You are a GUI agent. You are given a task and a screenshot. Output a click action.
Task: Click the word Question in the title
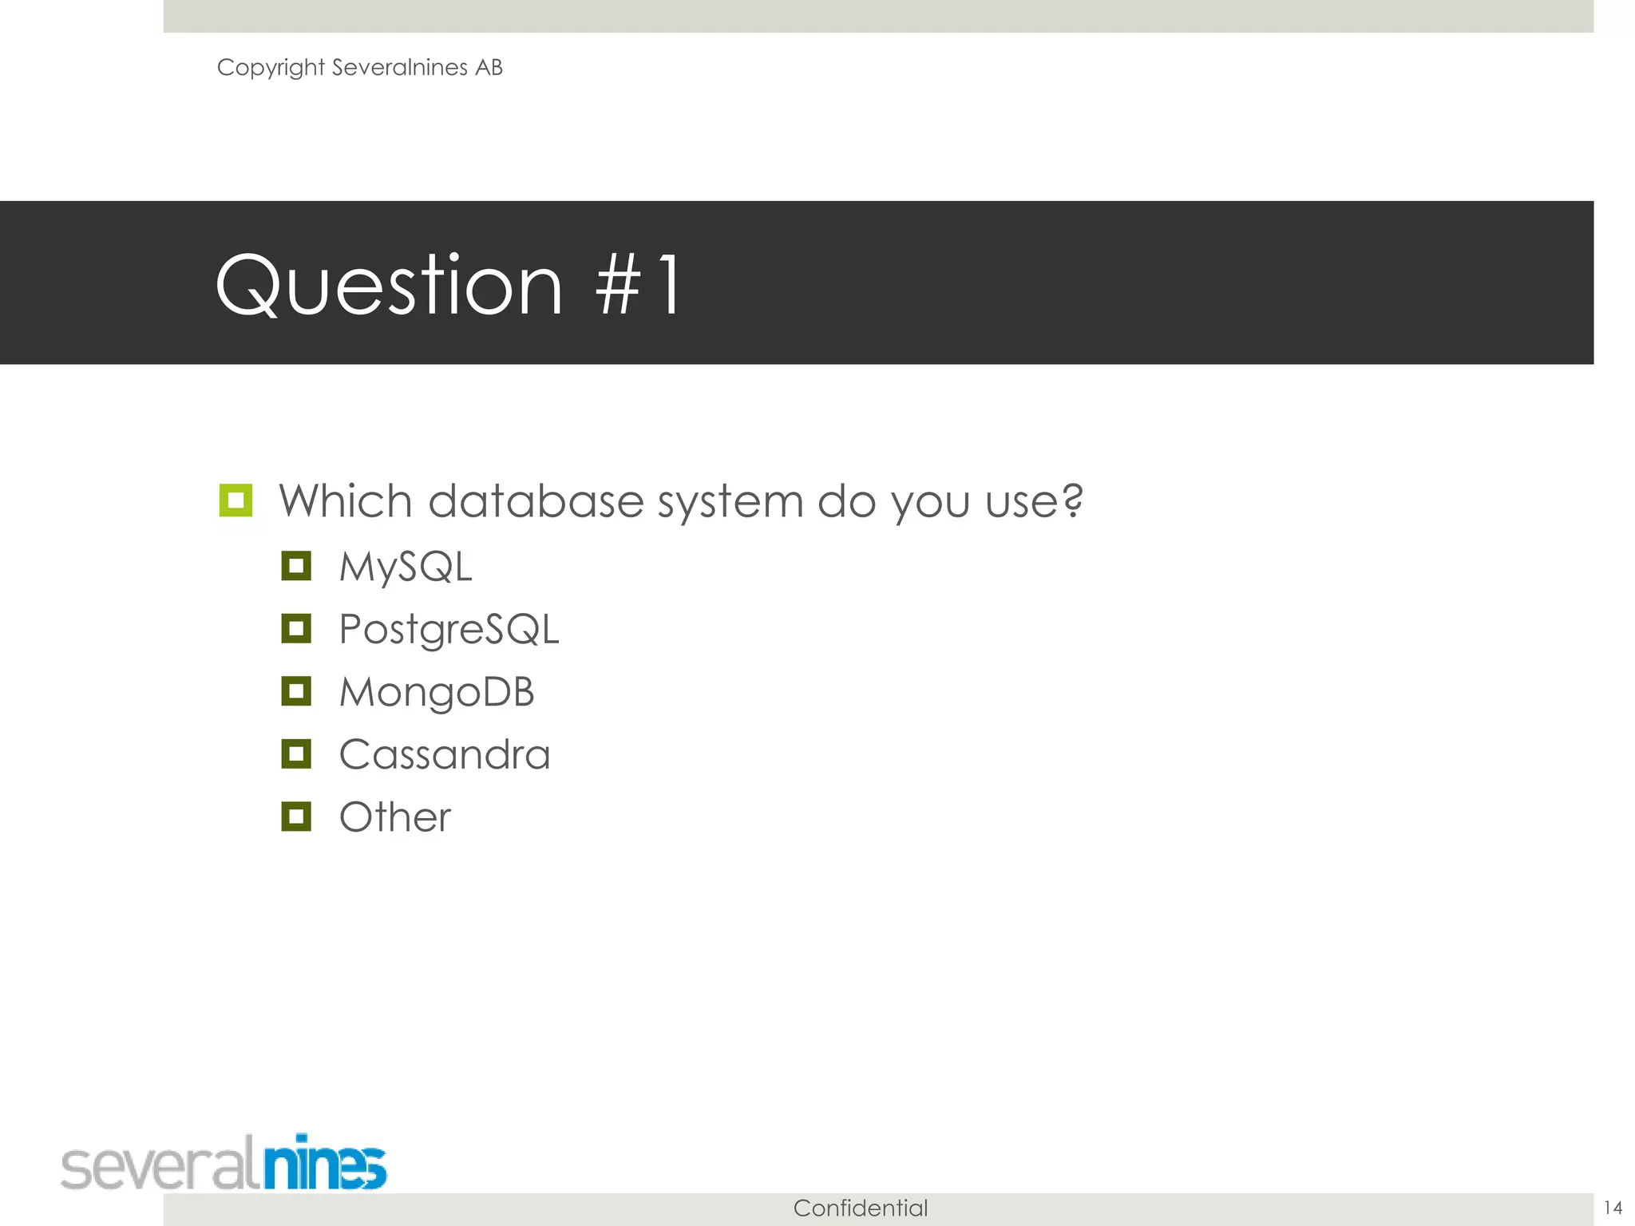390,286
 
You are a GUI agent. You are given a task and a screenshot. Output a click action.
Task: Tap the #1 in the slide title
639,286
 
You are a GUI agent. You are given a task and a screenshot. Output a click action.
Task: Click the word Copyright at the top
271,68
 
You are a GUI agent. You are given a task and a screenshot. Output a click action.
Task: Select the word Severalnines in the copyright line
399,68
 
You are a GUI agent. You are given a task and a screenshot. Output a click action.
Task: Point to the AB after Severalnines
489,68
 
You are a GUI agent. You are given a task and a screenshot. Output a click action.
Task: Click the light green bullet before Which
236,500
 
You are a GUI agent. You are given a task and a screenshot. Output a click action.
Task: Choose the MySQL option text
406,568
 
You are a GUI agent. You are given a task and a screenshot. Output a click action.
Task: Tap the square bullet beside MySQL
296,566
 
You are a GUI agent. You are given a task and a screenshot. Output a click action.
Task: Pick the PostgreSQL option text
449,630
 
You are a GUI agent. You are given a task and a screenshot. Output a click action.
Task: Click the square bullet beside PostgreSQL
296,629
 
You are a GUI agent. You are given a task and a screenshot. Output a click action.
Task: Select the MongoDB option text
437,692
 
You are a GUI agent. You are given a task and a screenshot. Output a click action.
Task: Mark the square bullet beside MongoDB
296,691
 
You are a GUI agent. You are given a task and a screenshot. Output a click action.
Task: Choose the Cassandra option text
445,755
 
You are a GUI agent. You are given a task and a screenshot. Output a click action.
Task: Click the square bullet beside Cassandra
296,753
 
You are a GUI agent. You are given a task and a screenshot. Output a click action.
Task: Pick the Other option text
395,817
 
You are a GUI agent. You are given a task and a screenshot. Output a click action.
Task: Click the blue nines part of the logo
325,1164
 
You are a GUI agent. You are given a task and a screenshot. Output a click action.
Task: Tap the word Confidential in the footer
861,1208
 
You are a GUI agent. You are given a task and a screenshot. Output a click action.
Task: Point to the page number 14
1613,1208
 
